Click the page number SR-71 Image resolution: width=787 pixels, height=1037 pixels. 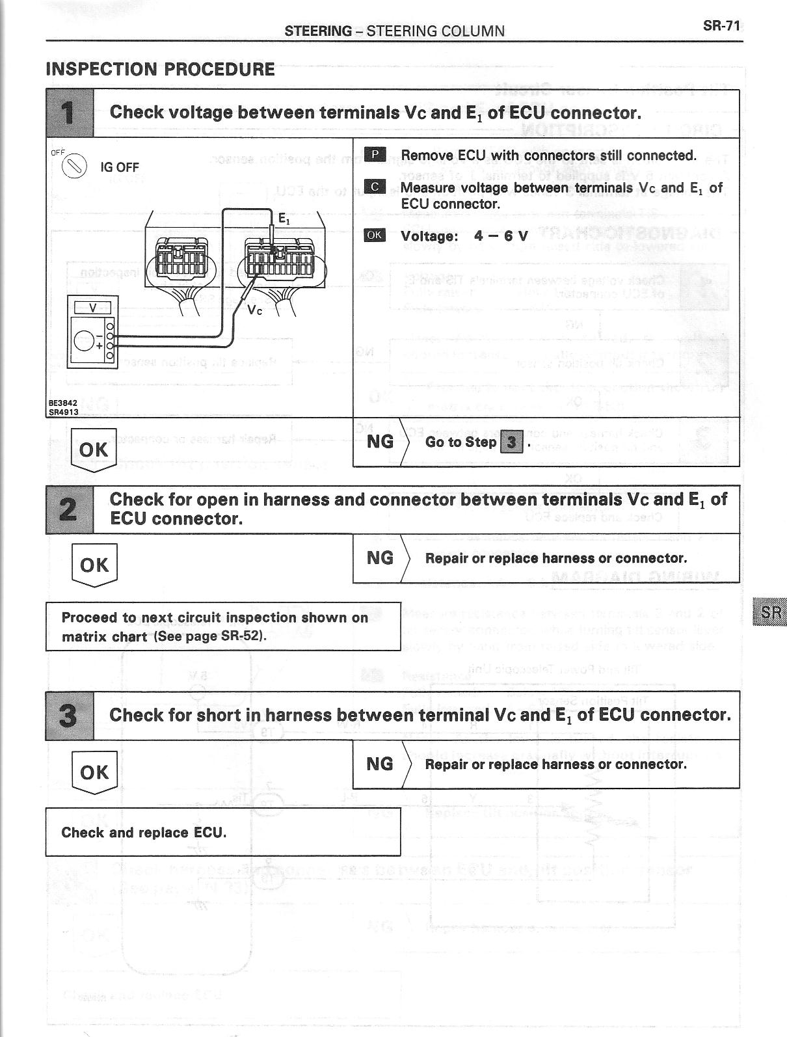(x=721, y=26)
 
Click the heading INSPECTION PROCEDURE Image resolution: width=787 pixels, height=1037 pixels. (x=160, y=69)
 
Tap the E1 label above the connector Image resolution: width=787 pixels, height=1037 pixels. (x=284, y=219)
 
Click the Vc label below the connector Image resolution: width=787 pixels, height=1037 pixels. (x=255, y=310)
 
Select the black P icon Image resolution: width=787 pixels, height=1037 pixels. (x=375, y=155)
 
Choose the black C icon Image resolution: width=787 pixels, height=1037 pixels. (x=375, y=187)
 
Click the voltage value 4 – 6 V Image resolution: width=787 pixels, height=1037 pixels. (x=501, y=236)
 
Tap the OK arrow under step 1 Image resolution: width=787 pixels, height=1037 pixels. (x=94, y=450)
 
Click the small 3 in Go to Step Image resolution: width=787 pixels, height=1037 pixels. (x=512, y=442)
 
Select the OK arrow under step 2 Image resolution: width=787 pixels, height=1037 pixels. (x=94, y=565)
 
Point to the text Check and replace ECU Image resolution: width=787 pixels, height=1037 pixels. (x=144, y=833)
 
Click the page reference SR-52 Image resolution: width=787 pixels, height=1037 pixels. (x=242, y=636)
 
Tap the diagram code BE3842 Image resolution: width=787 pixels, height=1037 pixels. (x=63, y=403)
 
